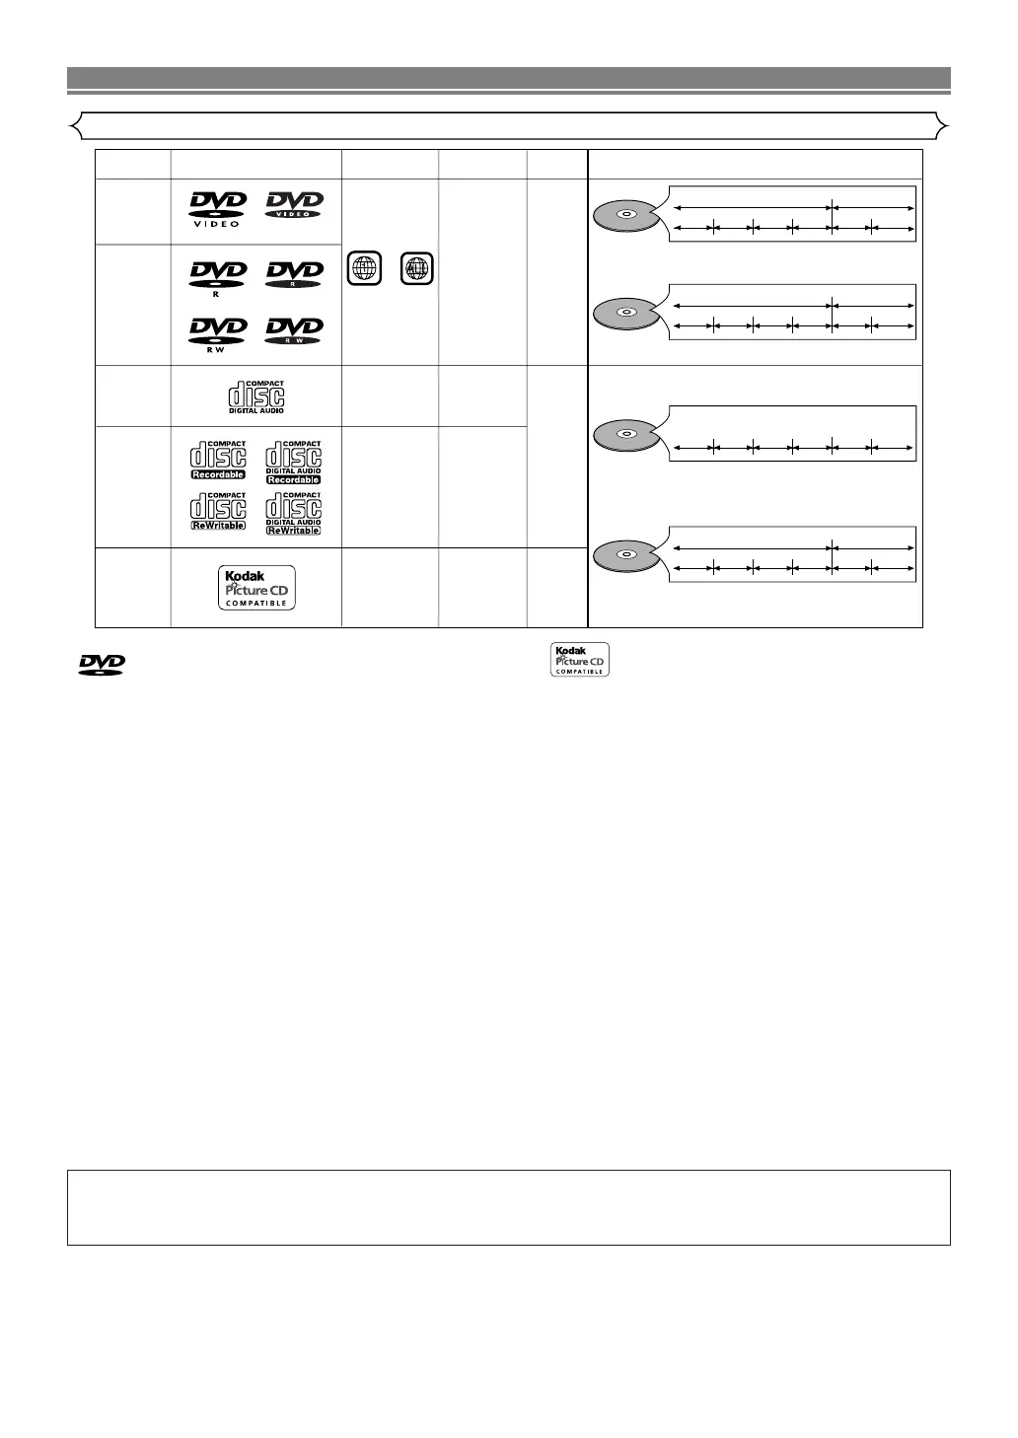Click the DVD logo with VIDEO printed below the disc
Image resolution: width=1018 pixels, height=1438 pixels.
(217, 209)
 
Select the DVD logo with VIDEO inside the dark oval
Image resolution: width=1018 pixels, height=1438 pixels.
(294, 205)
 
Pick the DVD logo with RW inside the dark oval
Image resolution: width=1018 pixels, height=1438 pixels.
(294, 330)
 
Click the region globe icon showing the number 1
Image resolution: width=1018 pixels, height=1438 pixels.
(365, 269)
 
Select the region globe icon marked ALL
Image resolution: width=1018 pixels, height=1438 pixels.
(417, 269)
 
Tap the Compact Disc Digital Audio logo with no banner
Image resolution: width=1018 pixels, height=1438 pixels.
(256, 396)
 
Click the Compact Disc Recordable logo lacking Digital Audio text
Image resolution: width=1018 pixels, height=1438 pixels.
(218, 461)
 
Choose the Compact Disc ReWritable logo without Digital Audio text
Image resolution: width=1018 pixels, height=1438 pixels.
(218, 512)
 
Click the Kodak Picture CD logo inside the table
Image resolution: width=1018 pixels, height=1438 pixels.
(256, 588)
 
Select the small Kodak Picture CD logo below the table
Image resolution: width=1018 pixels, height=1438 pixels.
(580, 660)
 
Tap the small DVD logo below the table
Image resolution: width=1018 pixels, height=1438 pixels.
(102, 665)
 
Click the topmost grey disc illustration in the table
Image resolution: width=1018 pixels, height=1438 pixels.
(625, 215)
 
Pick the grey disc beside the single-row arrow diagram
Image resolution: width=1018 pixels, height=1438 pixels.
(625, 435)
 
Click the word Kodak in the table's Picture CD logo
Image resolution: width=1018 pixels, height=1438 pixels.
(245, 576)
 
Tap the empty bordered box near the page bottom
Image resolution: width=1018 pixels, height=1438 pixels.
(508, 1207)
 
